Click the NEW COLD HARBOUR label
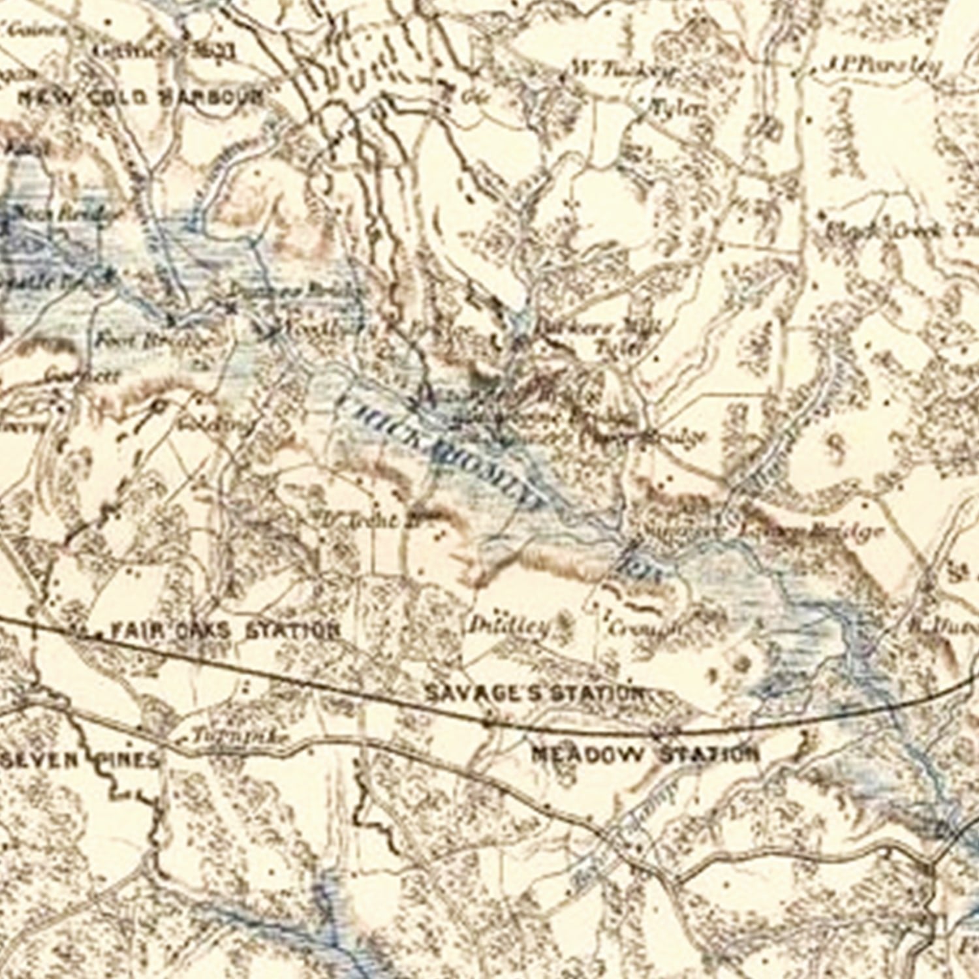(140, 98)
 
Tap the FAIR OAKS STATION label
(225, 631)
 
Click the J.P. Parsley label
(884, 65)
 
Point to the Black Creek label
(901, 230)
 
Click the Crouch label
(643, 629)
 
